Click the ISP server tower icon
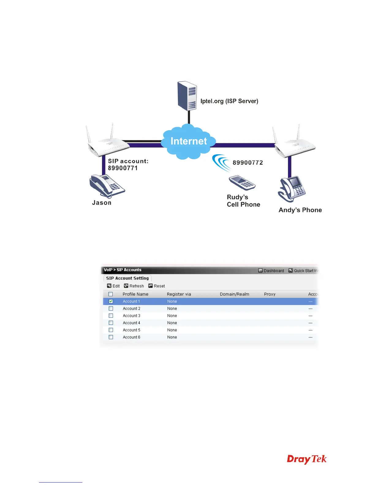187,96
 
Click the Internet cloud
189,141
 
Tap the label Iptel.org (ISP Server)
229,101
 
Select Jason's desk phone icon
107,186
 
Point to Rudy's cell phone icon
242,183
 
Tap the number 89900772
248,163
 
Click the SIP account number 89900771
123,168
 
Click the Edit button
113,286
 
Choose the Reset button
157,286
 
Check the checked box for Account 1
111,301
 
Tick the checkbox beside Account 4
111,323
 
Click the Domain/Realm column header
234,294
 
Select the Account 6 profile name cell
131,337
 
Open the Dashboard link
271,271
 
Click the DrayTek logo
307,459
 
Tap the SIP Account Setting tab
127,278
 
